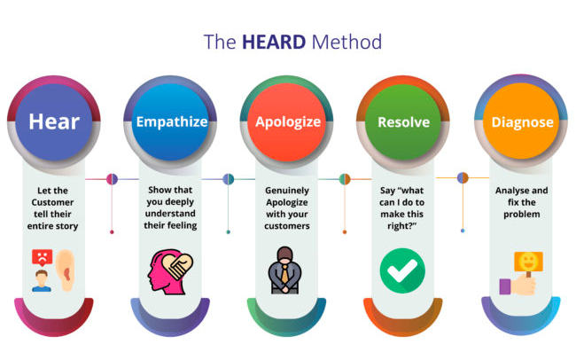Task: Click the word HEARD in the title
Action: (x=274, y=42)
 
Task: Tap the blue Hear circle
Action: (x=54, y=122)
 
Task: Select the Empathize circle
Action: (x=170, y=122)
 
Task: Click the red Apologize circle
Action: (x=286, y=122)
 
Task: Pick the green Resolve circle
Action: (x=403, y=122)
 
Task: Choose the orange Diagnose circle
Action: (x=521, y=121)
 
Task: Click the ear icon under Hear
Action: (x=66, y=270)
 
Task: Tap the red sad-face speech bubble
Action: (x=43, y=257)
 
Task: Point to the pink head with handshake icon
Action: (x=170, y=272)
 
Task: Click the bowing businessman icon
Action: (x=284, y=270)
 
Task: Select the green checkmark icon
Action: (x=402, y=270)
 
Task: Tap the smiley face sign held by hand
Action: (x=528, y=262)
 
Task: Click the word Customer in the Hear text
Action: (x=52, y=202)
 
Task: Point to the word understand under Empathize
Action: (x=170, y=214)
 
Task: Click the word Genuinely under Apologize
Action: (x=287, y=191)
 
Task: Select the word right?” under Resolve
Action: (x=402, y=226)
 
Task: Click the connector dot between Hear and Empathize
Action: (x=112, y=179)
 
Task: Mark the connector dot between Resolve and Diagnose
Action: (x=463, y=178)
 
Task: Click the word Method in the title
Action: (x=346, y=42)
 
